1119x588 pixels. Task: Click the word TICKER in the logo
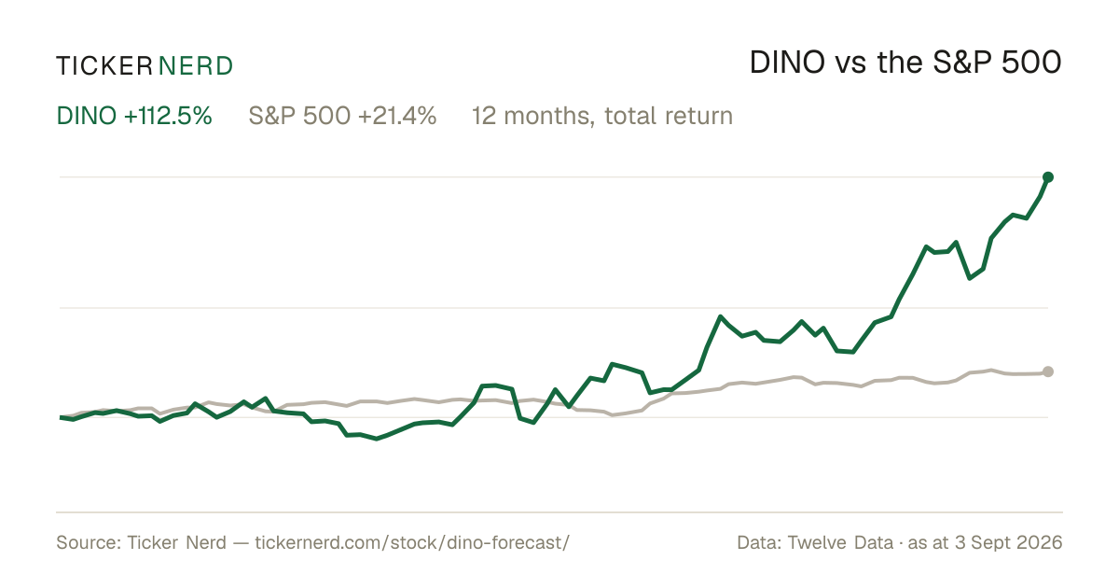coord(104,66)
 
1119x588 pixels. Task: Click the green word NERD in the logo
coord(195,66)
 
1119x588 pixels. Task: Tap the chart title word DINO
coord(787,63)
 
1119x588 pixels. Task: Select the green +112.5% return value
coord(168,116)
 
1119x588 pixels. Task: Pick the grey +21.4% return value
coord(397,116)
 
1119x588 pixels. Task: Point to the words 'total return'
coord(669,116)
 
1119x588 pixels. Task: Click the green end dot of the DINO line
coord(1048,177)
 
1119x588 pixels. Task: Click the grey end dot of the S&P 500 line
coord(1048,371)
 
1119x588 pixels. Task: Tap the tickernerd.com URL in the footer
coord(412,542)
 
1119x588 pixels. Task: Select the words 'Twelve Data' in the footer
coord(840,542)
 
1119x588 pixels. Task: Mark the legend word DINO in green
coord(87,116)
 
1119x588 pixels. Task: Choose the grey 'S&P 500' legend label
coord(299,116)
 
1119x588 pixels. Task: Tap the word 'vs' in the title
coord(850,65)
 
